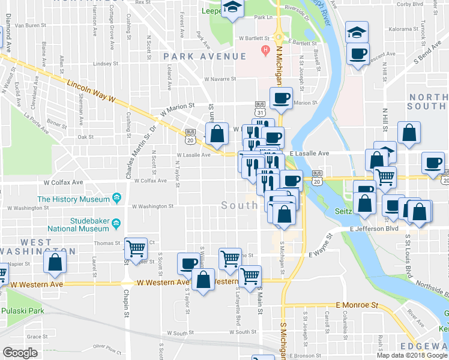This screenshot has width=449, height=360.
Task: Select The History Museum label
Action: [x=73, y=199]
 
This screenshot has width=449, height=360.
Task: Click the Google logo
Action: [x=20, y=353]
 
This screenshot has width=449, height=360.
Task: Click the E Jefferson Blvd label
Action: [x=375, y=229]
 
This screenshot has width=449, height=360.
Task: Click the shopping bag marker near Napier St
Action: [x=55, y=262]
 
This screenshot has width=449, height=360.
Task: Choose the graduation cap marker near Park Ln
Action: [x=231, y=8]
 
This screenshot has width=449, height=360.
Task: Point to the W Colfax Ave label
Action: [x=151, y=181]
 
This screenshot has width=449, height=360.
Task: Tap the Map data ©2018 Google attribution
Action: [x=412, y=355]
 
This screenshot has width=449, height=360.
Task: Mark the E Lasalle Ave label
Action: [x=311, y=154]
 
